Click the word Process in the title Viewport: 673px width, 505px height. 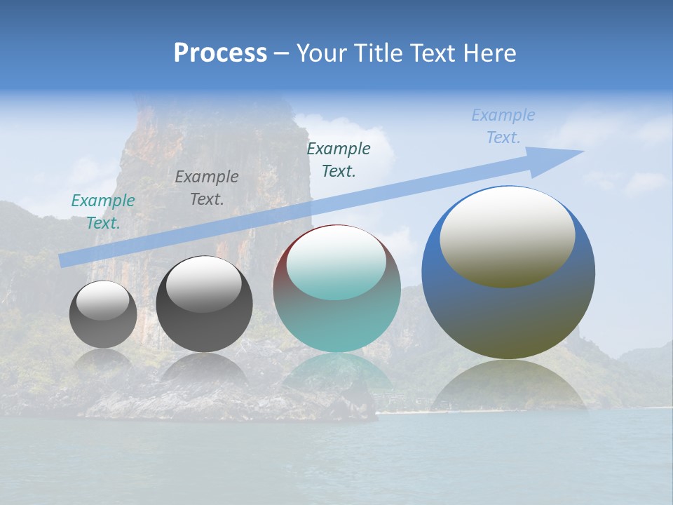point(220,53)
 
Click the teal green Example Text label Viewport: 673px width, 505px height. point(103,212)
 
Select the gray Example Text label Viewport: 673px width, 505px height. point(207,188)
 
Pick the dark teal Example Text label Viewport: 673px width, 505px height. point(339,160)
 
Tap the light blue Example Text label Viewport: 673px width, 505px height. point(503,126)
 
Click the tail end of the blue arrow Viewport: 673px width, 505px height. point(64,260)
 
